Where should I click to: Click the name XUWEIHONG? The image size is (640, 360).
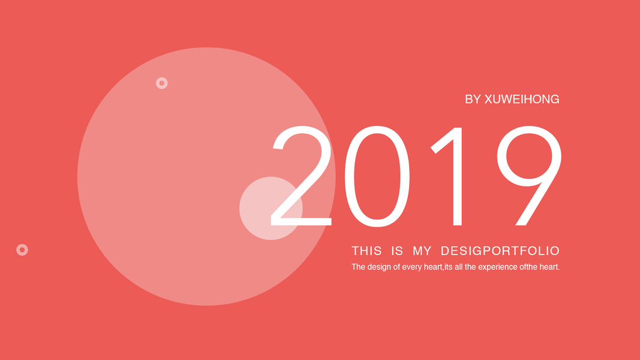click(x=522, y=99)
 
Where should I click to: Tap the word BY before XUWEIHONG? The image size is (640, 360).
click(x=473, y=99)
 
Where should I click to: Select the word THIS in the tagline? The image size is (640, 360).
click(x=366, y=251)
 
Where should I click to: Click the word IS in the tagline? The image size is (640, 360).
click(x=397, y=251)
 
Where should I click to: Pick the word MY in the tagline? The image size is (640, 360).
click(x=422, y=251)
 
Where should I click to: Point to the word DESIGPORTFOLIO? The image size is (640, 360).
click(x=500, y=251)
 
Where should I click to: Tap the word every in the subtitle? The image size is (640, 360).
click(x=411, y=268)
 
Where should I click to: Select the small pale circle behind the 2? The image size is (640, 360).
click(x=257, y=208)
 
